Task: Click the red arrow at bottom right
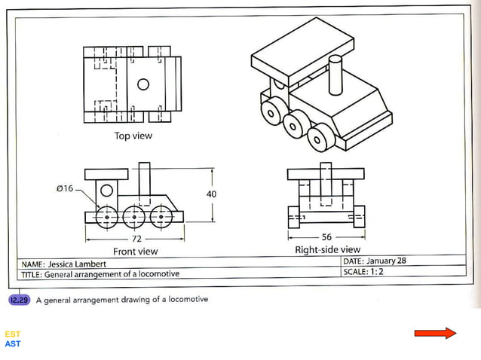pyautogui.click(x=435, y=333)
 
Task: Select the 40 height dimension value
pyautogui.click(x=211, y=194)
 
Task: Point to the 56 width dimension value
pyautogui.click(x=326, y=236)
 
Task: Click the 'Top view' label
pyautogui.click(x=133, y=136)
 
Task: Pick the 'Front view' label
pyautogui.click(x=135, y=251)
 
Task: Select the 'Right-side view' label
pyautogui.click(x=327, y=249)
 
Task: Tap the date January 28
pyautogui.click(x=388, y=261)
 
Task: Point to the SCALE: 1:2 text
pyautogui.click(x=363, y=271)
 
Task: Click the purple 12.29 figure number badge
pyautogui.click(x=19, y=299)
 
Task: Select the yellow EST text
pyautogui.click(x=13, y=334)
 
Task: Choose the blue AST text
pyautogui.click(x=13, y=344)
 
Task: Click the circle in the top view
pyautogui.click(x=143, y=84)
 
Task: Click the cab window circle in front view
pyautogui.click(x=107, y=190)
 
